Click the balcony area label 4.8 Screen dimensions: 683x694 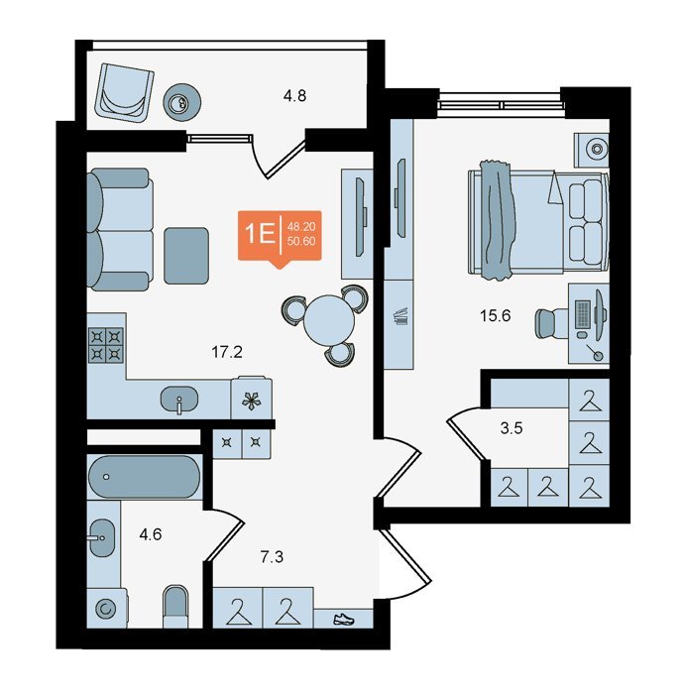click(x=295, y=95)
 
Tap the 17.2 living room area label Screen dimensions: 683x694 click(x=227, y=352)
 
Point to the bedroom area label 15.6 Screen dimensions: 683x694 click(x=496, y=316)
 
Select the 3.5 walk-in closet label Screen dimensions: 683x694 click(x=512, y=428)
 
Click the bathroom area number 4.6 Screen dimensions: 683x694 click(x=151, y=534)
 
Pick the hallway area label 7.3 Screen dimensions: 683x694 click(x=272, y=557)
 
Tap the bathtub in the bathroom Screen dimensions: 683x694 click(x=145, y=477)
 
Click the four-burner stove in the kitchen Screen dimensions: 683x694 click(x=106, y=345)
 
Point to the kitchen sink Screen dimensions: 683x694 click(x=178, y=399)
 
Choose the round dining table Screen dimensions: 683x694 click(x=329, y=321)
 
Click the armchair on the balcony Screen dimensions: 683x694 click(x=124, y=92)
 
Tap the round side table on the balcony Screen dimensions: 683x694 click(x=182, y=103)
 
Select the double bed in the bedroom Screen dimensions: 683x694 click(x=538, y=223)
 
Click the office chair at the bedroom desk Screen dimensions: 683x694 click(x=552, y=323)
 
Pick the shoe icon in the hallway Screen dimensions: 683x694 click(x=344, y=619)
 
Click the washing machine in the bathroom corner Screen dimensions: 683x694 click(x=106, y=608)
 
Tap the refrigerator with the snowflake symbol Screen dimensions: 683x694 click(x=252, y=398)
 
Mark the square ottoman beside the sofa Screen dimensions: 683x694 click(x=186, y=256)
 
